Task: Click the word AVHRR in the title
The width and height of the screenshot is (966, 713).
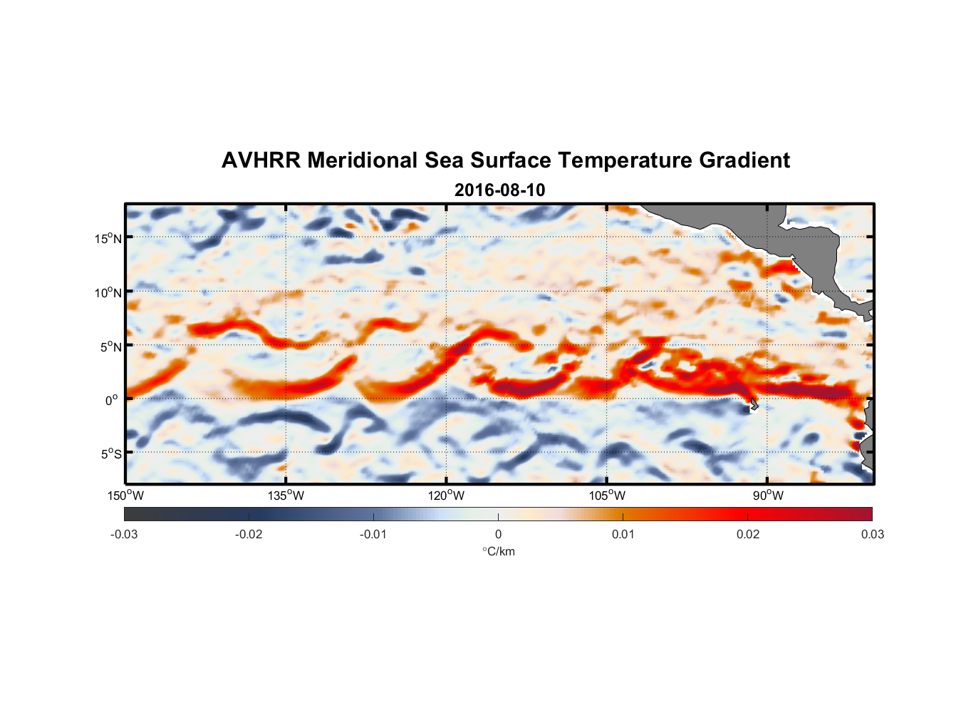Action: point(261,160)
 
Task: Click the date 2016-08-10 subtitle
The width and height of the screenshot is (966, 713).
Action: point(499,190)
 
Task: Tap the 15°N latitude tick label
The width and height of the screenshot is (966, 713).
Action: point(108,238)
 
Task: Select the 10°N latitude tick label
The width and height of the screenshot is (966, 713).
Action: point(108,292)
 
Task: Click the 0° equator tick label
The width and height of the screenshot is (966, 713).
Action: point(112,400)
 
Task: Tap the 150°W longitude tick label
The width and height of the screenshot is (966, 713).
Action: point(125,496)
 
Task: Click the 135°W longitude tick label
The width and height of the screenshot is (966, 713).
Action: point(286,496)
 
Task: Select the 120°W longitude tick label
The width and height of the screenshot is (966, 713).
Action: point(446,496)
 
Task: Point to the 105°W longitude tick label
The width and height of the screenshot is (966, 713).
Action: point(607,496)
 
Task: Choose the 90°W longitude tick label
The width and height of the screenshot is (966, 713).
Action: point(768,496)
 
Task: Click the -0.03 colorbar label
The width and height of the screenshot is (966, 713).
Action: point(124,534)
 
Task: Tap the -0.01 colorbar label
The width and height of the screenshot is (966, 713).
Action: point(373,534)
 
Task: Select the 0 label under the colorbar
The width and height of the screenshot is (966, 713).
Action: point(498,534)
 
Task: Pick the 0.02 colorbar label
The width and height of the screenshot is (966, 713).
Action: point(748,534)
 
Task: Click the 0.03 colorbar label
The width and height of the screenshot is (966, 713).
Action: point(872,534)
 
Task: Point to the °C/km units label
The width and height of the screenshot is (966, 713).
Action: point(498,551)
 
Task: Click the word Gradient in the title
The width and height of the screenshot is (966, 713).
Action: point(744,160)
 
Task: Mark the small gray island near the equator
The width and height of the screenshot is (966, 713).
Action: point(754,404)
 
